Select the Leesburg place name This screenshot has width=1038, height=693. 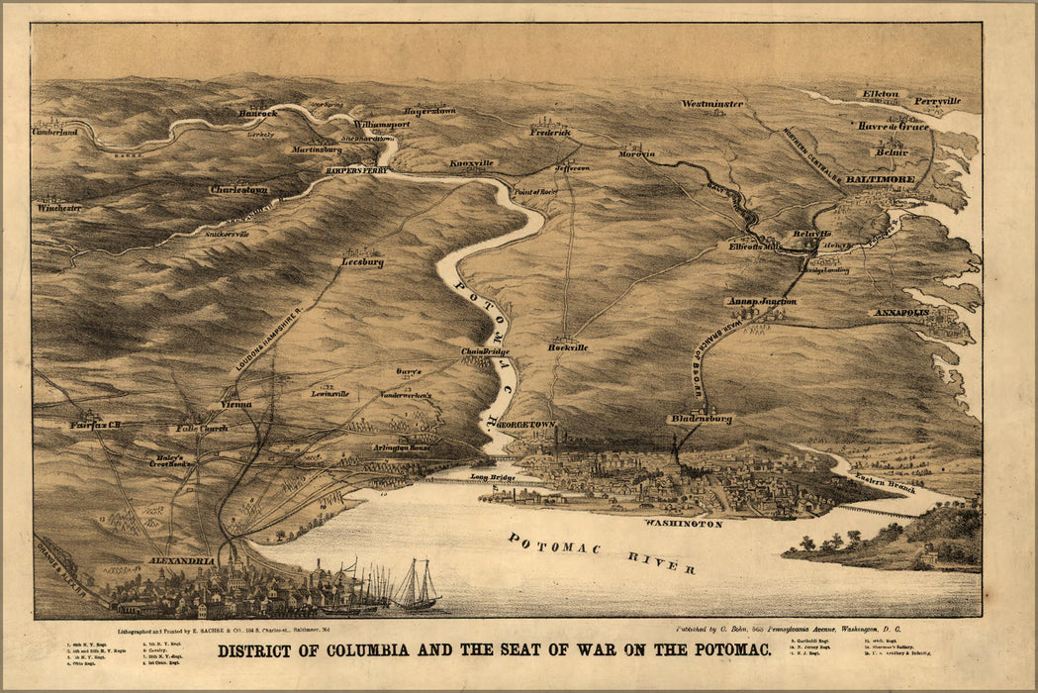click(362, 262)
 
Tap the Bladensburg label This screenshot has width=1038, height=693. click(700, 419)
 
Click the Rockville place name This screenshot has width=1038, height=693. click(568, 347)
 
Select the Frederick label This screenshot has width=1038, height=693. click(550, 132)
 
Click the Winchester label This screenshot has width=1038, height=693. click(59, 208)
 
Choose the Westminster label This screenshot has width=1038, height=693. click(712, 104)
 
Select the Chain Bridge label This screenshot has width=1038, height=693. click(484, 351)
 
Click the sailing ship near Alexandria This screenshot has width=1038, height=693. click(416, 586)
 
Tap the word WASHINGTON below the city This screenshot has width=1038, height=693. click(683, 522)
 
